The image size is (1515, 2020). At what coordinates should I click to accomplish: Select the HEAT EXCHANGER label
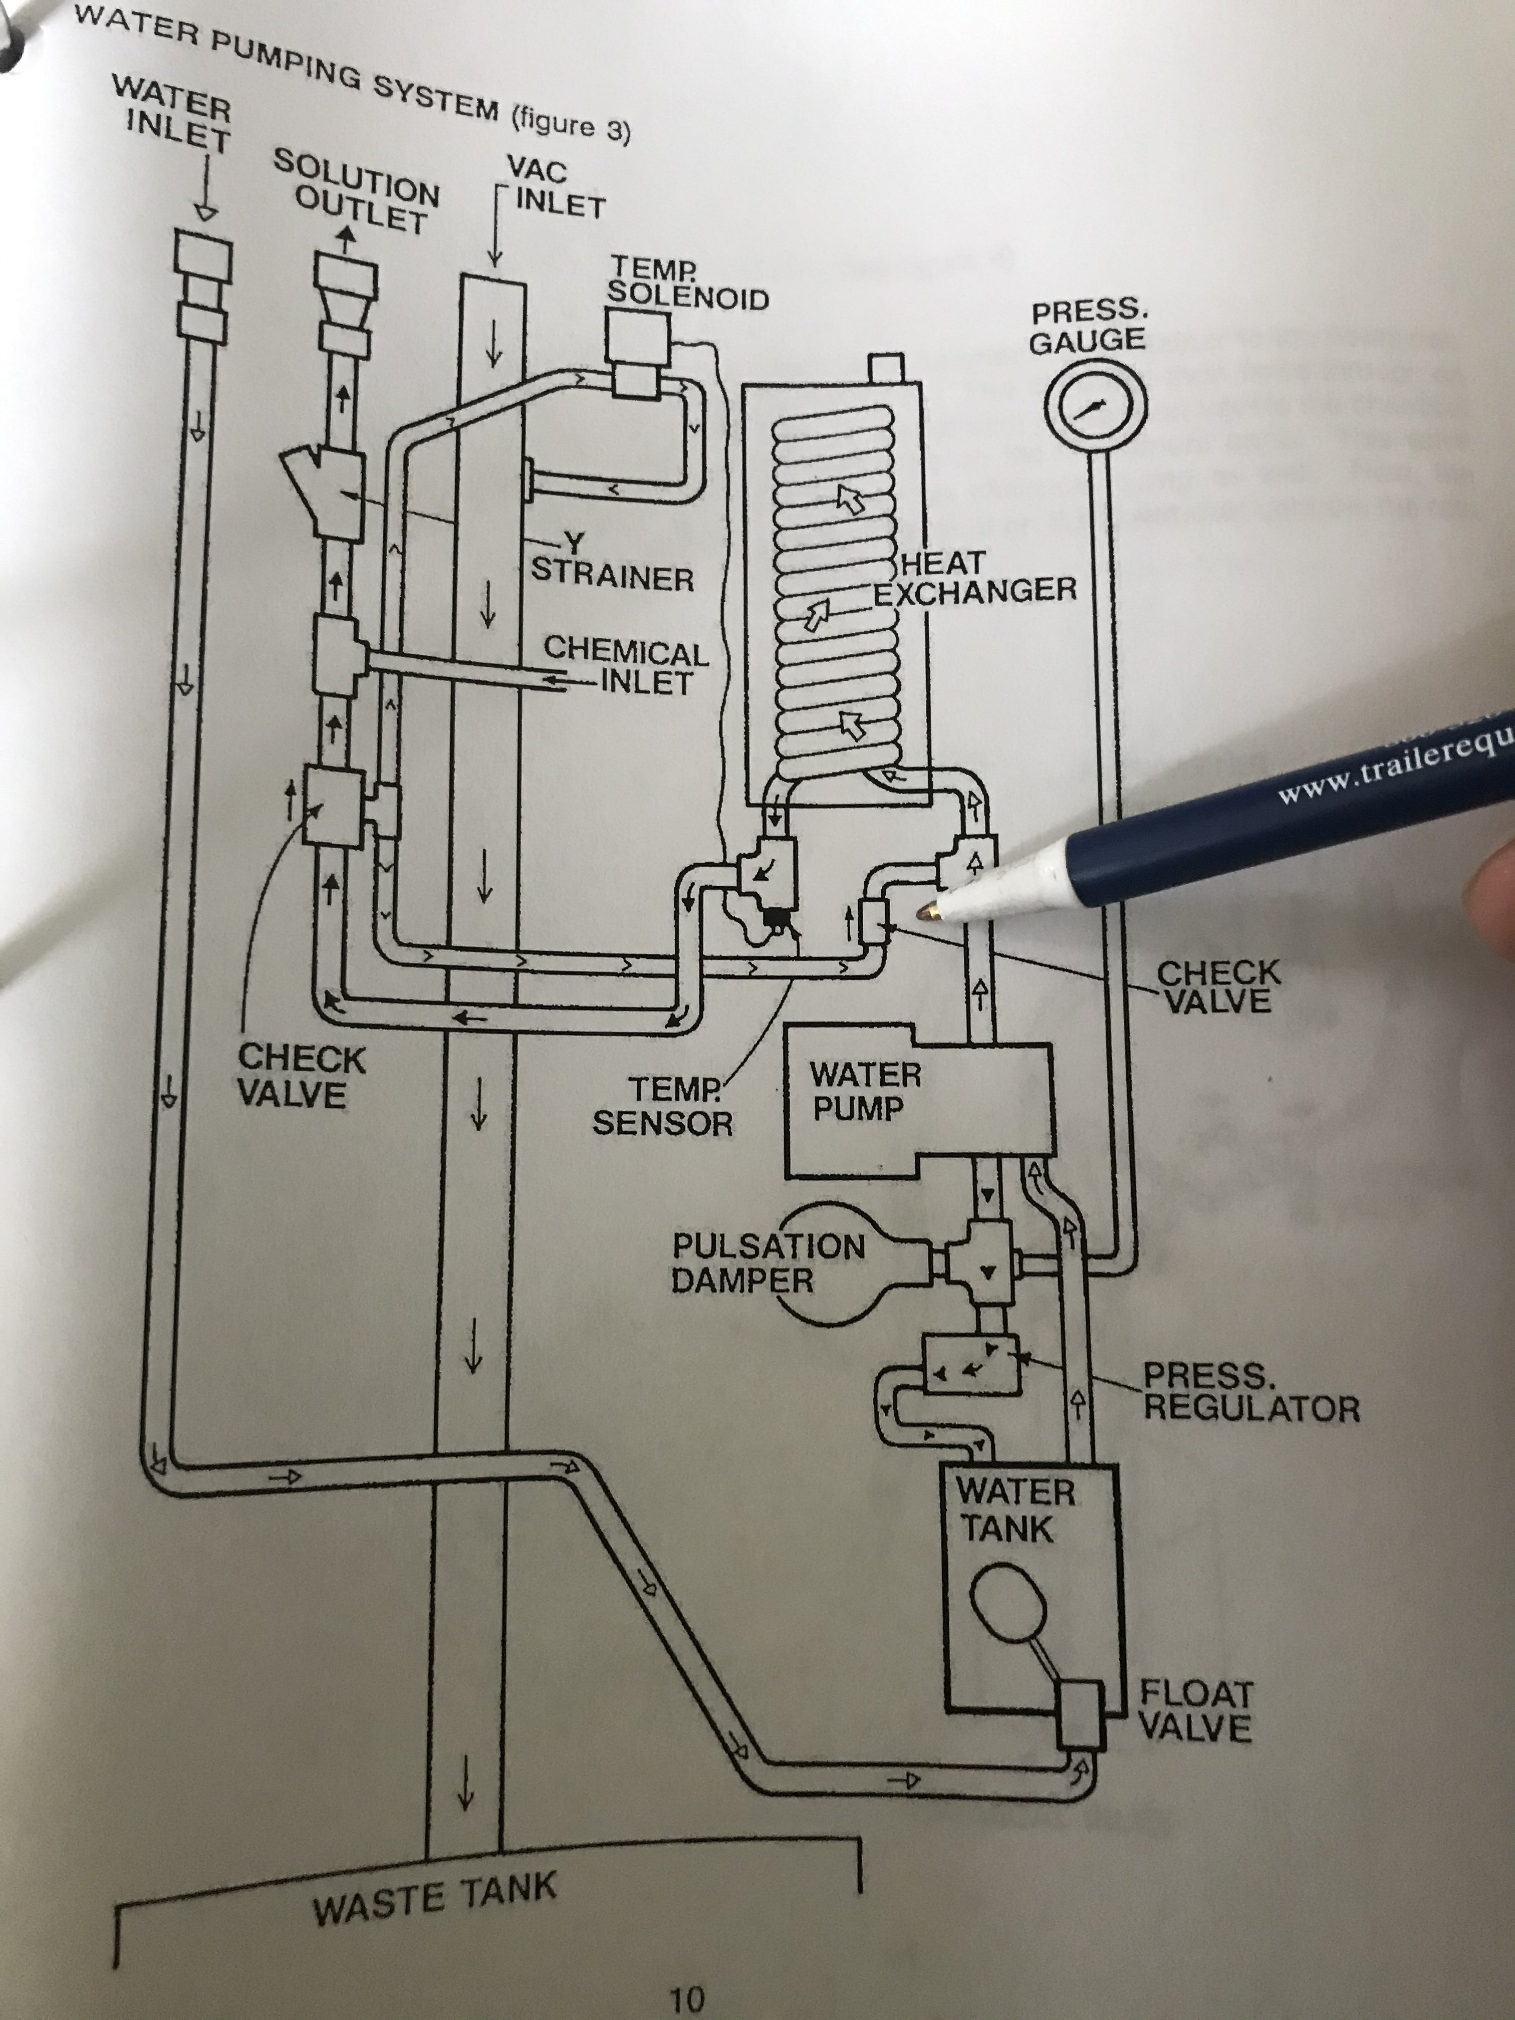point(974,577)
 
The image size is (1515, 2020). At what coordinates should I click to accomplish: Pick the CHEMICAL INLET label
point(626,667)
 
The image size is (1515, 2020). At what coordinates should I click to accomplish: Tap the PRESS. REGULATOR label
point(1250,1394)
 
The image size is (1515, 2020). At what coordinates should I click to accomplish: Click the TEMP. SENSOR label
point(662,1106)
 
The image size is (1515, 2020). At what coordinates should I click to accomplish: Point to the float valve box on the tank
point(1081,1714)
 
